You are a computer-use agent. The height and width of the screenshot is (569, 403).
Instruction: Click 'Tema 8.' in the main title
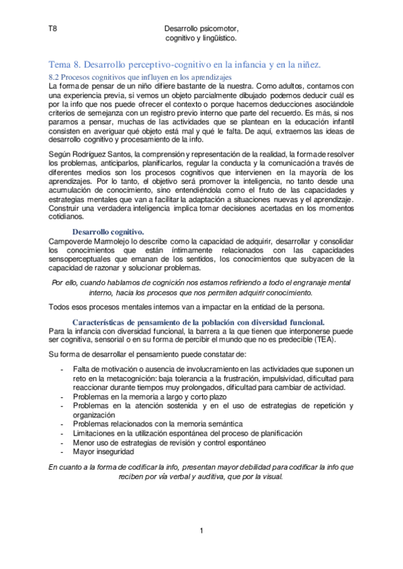(x=64, y=64)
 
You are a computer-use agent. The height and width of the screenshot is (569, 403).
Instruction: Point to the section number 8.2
(x=56, y=77)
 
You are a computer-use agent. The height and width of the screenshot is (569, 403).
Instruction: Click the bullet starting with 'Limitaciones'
(x=177, y=433)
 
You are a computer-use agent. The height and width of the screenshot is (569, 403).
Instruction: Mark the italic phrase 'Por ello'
(x=65, y=283)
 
